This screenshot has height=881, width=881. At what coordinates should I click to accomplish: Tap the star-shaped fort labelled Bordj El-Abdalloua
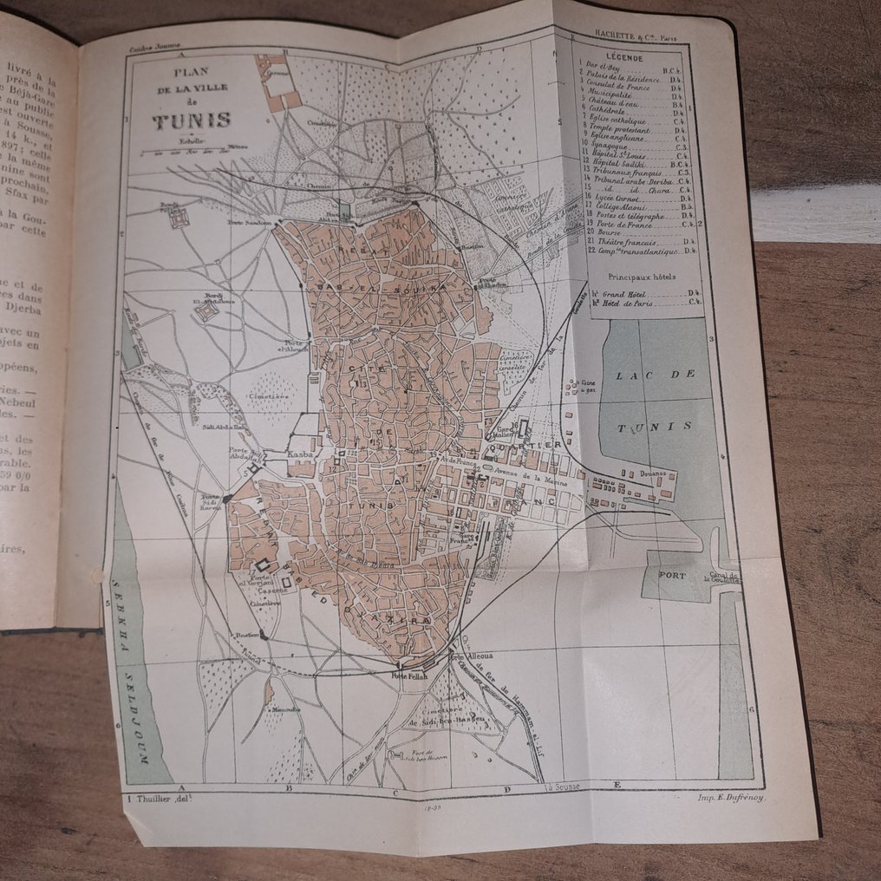(x=206, y=310)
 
